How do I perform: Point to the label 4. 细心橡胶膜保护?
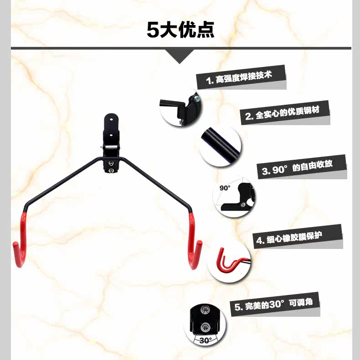coord(298,237)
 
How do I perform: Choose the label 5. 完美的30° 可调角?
coord(276,304)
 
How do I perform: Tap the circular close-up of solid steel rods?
coord(220,147)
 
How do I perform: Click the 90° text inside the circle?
coord(226,188)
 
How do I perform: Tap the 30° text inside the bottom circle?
coord(206,340)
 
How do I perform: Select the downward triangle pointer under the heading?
coord(181,56)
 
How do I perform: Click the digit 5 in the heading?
coord(152,30)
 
